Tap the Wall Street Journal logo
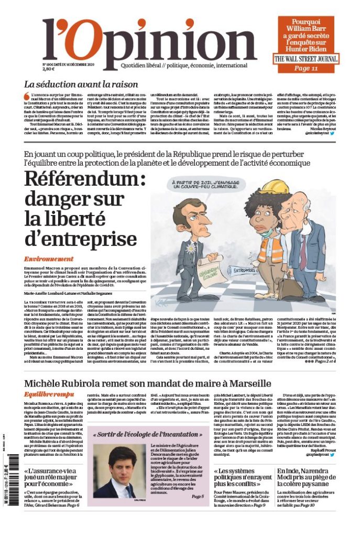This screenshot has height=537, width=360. click(x=307, y=59)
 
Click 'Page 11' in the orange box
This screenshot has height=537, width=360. click(x=306, y=68)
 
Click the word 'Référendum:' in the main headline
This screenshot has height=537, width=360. click(x=84, y=179)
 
